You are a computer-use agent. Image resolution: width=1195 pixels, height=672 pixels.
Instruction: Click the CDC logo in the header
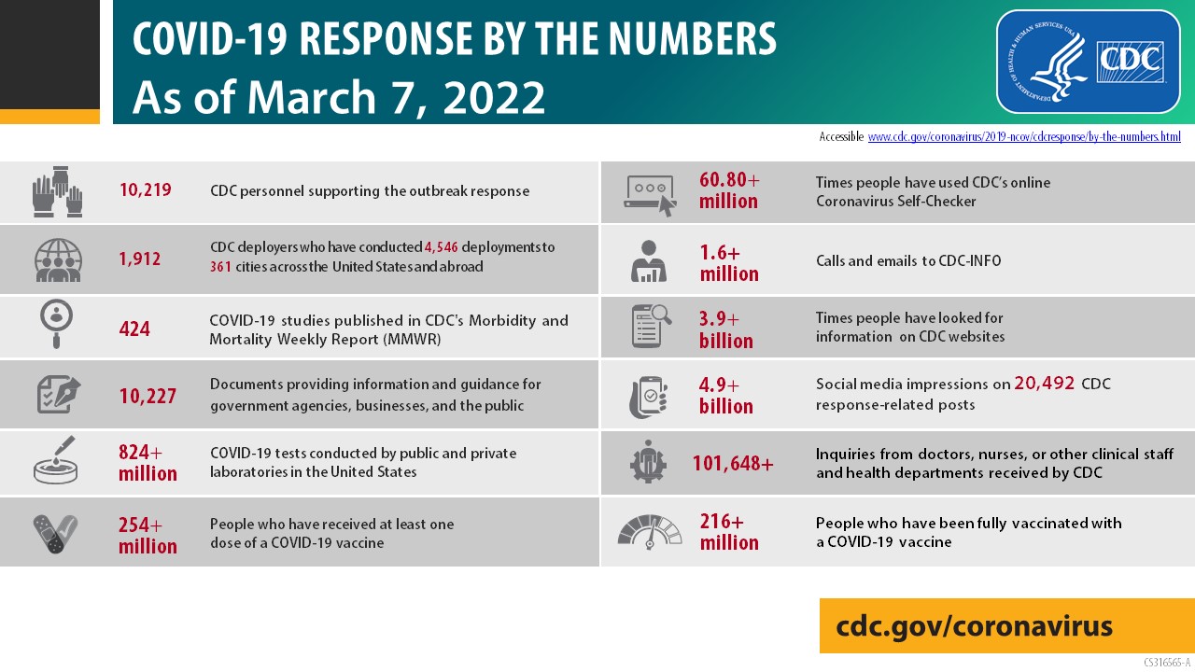(x=1088, y=62)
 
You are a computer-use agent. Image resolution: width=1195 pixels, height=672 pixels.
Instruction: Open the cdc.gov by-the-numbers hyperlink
(x=1024, y=136)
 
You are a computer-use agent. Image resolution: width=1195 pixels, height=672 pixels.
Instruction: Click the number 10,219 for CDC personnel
(x=145, y=191)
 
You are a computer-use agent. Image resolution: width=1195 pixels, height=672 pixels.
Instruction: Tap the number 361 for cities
(x=220, y=267)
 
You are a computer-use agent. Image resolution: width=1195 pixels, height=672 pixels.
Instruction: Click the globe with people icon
(x=58, y=259)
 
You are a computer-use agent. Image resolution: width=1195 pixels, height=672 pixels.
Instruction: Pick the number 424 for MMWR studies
(x=134, y=329)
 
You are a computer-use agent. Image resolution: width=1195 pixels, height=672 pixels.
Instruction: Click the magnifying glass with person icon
(x=56, y=324)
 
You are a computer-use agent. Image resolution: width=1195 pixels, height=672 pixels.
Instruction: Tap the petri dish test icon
(x=56, y=461)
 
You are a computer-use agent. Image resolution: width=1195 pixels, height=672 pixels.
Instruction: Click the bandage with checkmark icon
(x=56, y=533)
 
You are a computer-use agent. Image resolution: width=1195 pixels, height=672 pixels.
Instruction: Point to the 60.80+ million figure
(x=729, y=190)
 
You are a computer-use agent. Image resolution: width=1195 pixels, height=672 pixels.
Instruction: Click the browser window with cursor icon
(x=650, y=193)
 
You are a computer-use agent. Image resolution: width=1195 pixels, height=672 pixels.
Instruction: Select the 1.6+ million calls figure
(x=729, y=263)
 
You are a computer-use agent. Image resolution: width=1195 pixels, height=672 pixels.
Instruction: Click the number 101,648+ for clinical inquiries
(x=733, y=462)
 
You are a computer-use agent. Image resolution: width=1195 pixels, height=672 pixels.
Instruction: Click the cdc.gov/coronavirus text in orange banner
(x=974, y=626)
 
